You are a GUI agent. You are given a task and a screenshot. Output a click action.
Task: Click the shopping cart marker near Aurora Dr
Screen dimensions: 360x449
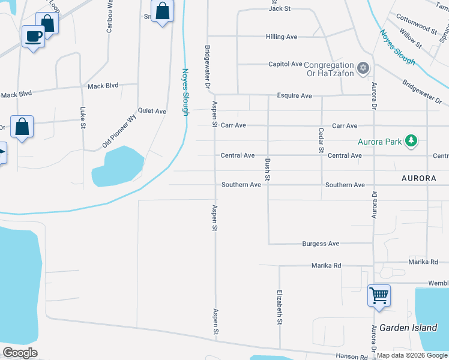(379, 295)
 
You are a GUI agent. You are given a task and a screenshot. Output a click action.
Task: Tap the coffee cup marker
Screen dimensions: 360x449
(33, 37)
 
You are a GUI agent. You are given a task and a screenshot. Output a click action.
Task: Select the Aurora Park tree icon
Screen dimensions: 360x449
(411, 142)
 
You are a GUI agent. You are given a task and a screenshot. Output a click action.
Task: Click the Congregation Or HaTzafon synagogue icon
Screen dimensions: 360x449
(362, 68)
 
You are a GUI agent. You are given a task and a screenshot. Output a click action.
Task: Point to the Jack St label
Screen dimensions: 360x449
(280, 8)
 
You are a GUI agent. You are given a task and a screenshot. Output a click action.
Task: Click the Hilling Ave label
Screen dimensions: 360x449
(282, 37)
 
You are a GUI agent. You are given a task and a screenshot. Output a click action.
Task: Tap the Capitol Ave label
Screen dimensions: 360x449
(285, 64)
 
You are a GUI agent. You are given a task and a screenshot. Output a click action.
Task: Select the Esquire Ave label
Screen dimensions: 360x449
(294, 95)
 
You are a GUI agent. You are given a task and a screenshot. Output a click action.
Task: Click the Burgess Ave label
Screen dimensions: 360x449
(321, 244)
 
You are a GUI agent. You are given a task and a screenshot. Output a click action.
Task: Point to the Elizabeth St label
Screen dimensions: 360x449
(280, 307)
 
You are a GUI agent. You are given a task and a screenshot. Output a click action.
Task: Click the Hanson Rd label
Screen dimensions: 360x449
(352, 356)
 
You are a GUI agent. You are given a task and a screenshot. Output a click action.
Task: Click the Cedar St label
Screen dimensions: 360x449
(321, 139)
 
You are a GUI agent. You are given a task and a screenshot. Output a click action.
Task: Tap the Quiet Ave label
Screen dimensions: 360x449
(152, 111)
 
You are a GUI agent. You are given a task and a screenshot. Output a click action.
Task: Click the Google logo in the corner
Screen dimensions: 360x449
(20, 353)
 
